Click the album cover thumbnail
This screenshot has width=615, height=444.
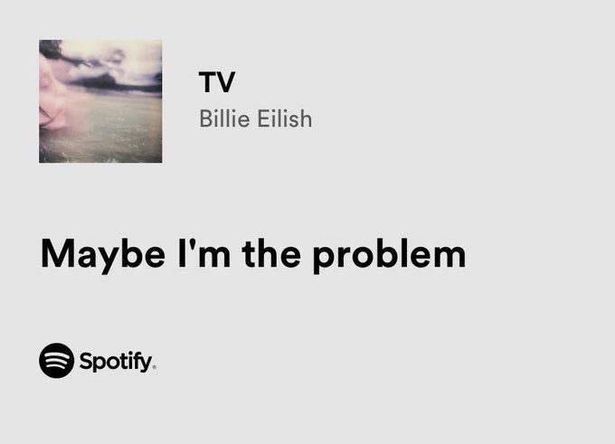[100, 101]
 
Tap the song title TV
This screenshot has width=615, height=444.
[217, 82]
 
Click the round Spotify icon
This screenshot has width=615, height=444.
[56, 361]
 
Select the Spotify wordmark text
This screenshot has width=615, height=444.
[117, 363]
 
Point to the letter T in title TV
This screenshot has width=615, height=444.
[208, 82]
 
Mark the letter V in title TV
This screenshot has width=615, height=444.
[226, 82]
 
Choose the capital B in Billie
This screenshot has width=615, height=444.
[205, 118]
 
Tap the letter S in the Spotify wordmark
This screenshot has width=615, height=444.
[85, 362]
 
